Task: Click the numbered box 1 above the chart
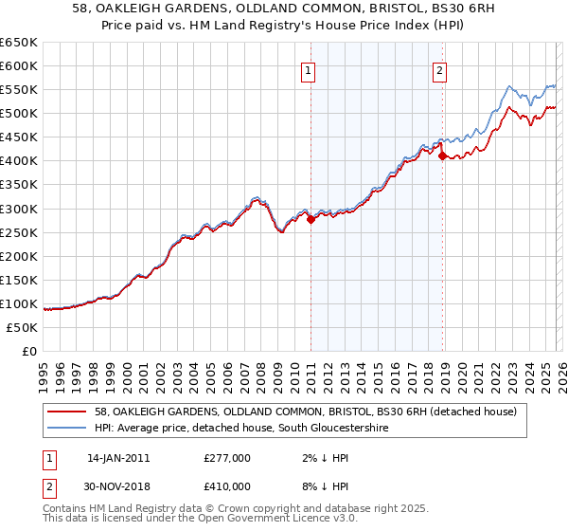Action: point(310,69)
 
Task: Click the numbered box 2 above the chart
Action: point(441,69)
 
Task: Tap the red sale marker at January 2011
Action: point(311,219)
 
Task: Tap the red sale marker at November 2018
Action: point(442,156)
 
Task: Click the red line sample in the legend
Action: point(70,412)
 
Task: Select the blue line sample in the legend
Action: point(70,429)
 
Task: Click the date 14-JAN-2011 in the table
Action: point(118,458)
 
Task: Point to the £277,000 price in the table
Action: point(226,458)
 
